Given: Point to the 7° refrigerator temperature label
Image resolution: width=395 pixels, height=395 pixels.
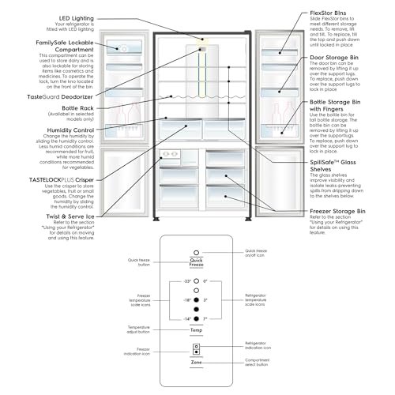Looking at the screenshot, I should pyautogui.click(x=204, y=317).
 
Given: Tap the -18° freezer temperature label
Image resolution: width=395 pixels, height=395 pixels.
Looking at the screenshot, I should pyautogui.click(x=186, y=299).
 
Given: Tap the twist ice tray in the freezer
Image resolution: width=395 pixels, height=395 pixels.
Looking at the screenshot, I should pyautogui.click(x=168, y=154).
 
